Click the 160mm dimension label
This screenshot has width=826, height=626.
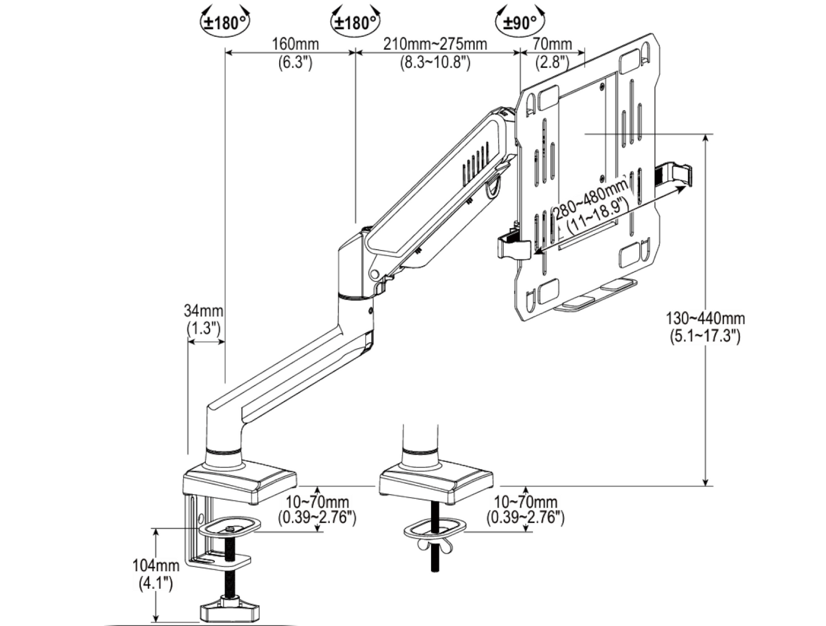pyautogui.click(x=295, y=44)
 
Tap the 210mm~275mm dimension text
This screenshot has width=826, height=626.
pyautogui.click(x=435, y=44)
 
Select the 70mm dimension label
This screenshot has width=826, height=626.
pyautogui.click(x=552, y=44)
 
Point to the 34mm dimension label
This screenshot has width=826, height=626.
pyautogui.click(x=203, y=311)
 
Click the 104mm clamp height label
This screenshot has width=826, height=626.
pyautogui.click(x=156, y=565)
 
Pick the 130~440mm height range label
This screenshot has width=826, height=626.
pyautogui.click(x=705, y=319)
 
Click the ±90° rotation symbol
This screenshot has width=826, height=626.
pyautogui.click(x=520, y=23)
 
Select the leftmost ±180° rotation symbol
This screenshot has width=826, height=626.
pyautogui.click(x=225, y=23)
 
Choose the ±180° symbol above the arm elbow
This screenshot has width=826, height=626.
pyautogui.click(x=356, y=23)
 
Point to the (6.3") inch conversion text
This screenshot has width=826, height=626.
pyautogui.click(x=295, y=62)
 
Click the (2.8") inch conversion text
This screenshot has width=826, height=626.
pyautogui.click(x=552, y=62)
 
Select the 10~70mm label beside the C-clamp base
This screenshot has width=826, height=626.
pyautogui.click(x=317, y=502)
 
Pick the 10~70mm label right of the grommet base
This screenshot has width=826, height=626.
pyautogui.click(x=525, y=502)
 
